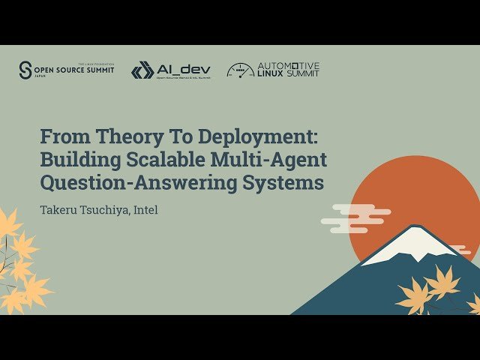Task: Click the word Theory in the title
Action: point(109,137)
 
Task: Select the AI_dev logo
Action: point(171,70)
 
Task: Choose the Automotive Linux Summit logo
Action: point(273,70)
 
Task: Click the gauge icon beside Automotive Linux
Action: point(240,70)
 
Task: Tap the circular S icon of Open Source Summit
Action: point(25,70)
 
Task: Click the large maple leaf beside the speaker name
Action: point(10,225)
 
